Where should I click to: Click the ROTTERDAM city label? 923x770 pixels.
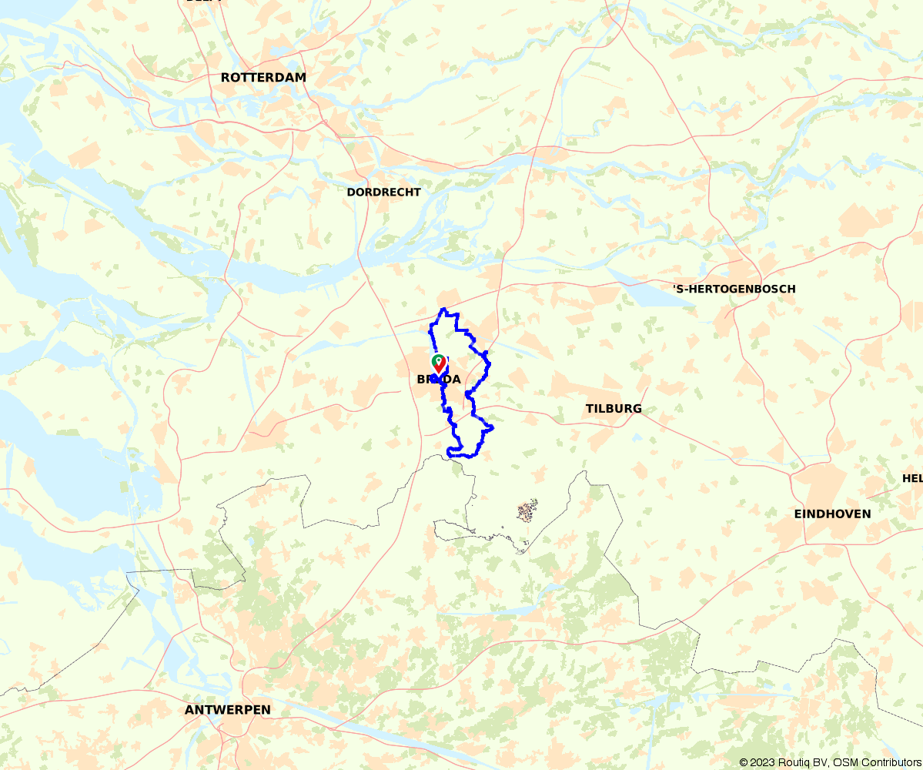tap(263, 78)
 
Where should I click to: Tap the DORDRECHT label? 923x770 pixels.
tap(383, 192)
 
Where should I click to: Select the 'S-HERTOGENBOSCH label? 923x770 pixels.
tap(734, 289)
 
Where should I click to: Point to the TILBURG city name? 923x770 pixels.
tap(614, 409)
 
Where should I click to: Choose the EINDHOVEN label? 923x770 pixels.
tap(833, 514)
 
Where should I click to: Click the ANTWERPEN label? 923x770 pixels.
tap(228, 710)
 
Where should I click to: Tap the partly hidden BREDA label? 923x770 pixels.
tap(439, 379)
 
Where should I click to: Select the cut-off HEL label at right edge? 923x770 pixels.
tap(912, 478)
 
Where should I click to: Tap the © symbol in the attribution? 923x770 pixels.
tap(744, 762)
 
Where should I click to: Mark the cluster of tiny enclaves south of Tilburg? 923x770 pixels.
tap(527, 511)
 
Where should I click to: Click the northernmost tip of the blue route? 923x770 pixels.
tap(443, 310)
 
